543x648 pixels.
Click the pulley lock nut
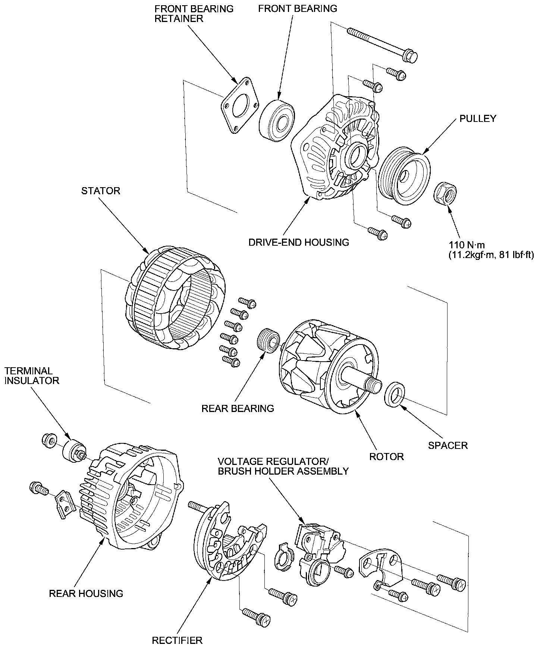446,193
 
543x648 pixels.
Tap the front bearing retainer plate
239,106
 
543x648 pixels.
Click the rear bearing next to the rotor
268,340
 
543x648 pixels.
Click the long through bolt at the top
382,44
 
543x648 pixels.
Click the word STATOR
101,191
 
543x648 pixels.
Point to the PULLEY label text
478,119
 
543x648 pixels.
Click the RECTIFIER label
177,641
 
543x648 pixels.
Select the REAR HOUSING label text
86,593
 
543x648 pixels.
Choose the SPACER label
448,445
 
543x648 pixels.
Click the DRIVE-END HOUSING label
299,242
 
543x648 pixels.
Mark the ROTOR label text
386,456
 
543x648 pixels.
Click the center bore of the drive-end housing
357,155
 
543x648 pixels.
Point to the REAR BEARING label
238,408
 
